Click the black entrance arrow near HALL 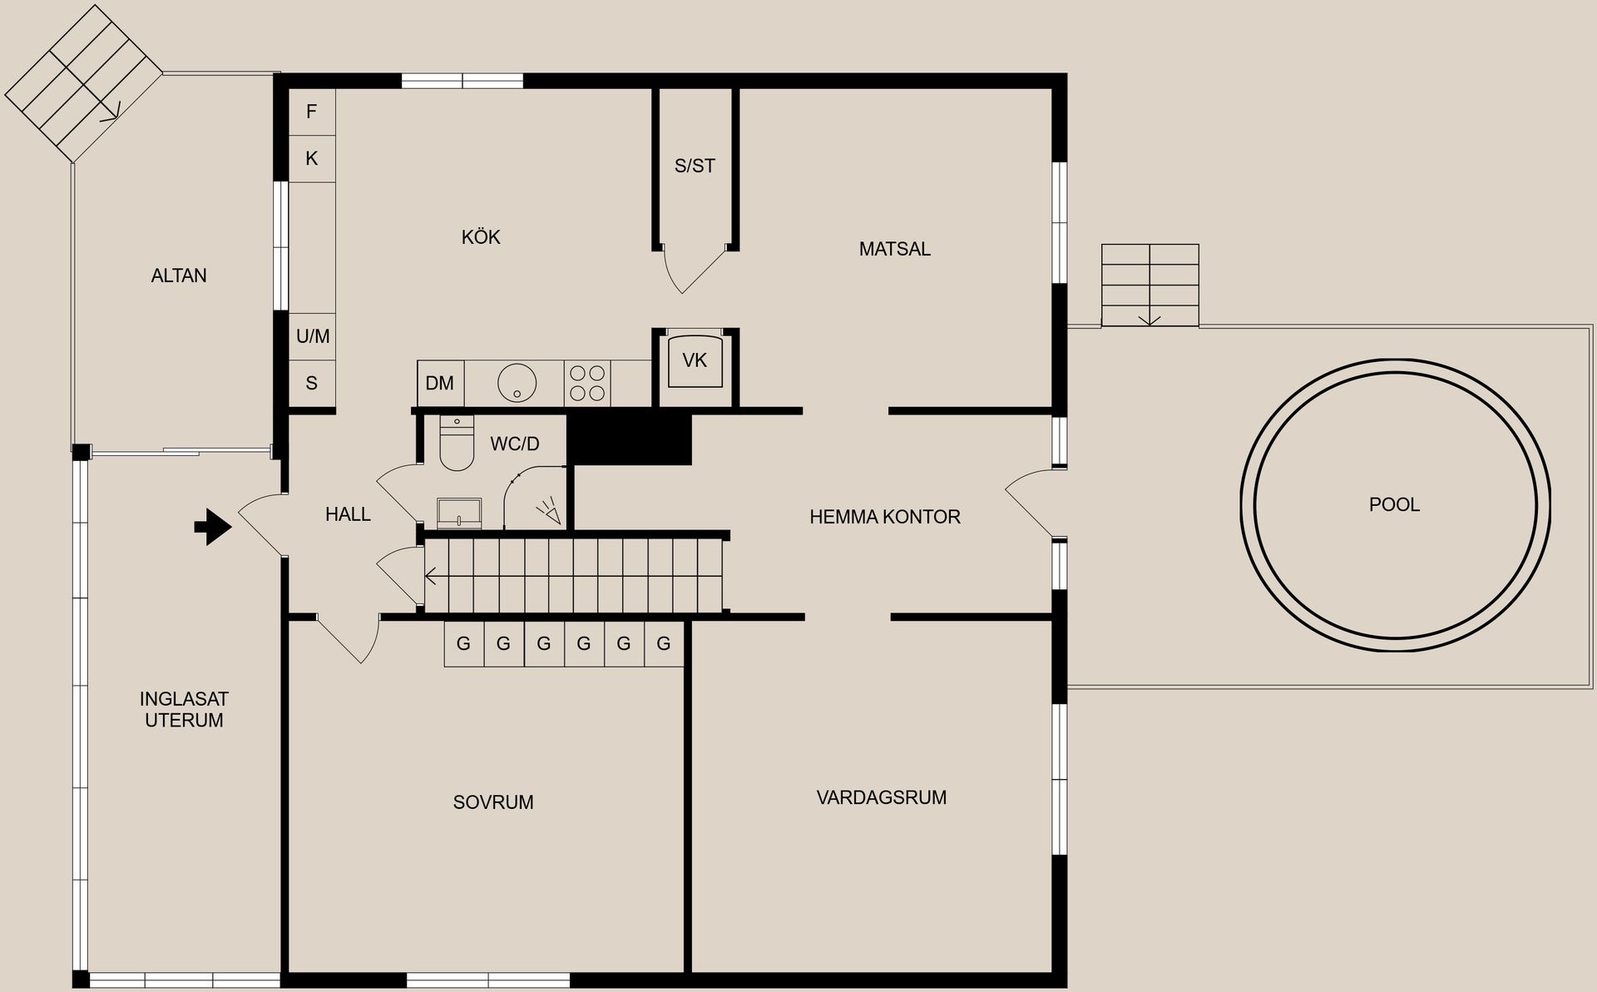coord(214,527)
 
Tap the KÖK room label coord(481,237)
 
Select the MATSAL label coord(895,249)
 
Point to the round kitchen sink coord(517,383)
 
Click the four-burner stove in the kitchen coord(587,384)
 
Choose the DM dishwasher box coord(440,384)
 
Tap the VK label coord(695,360)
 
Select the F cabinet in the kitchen coord(312,112)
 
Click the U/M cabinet coord(313,336)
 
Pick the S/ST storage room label coord(695,166)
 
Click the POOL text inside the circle coord(1395,504)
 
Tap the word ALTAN coord(179,275)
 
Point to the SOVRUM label coord(493,802)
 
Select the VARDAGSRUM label coord(882,797)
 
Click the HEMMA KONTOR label coord(885,517)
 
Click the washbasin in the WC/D coord(459,513)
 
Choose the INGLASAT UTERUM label coord(184,710)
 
